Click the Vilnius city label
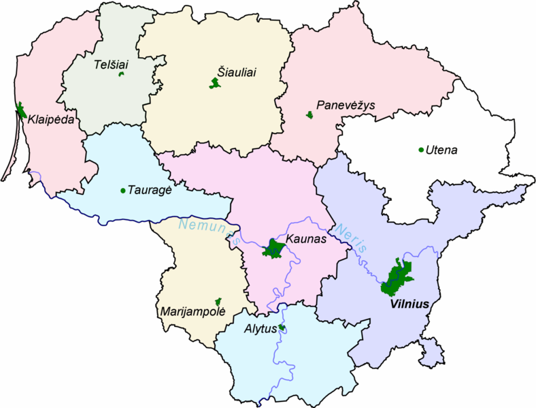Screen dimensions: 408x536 coord(410,304)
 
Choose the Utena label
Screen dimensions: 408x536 coord(441,149)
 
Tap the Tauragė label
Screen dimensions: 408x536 coord(148,191)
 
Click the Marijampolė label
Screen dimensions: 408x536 coord(190,313)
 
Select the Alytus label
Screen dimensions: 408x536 coord(261,329)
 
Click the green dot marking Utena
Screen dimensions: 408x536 coord(421,150)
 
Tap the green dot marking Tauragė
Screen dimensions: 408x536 coord(122,191)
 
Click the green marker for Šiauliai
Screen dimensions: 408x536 coord(216,84)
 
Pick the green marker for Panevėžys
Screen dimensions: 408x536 coord(309,115)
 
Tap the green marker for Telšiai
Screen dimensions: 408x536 coord(121,74)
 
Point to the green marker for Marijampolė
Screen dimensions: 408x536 coord(218,301)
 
